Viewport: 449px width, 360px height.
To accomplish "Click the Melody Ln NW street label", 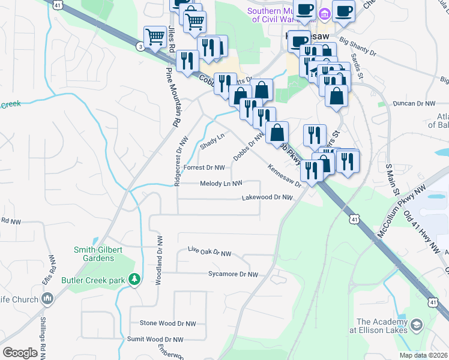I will point(221,184).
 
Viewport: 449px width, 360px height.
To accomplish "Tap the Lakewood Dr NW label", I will point(267,197).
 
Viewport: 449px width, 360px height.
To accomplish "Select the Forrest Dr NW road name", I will point(204,168).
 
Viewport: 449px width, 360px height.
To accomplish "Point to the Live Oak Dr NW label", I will point(209,253).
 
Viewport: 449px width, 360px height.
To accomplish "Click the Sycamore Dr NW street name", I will point(232,274).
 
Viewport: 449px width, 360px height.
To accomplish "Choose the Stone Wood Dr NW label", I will point(167,323).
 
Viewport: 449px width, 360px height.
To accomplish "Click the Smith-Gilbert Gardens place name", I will point(94,254).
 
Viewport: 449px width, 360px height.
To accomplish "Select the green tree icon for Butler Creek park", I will point(136,279).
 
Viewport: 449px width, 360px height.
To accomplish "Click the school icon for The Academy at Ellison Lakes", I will point(416,325).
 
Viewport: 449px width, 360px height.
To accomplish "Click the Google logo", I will point(20,353).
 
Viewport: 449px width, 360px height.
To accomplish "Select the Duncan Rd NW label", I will point(414,103).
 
